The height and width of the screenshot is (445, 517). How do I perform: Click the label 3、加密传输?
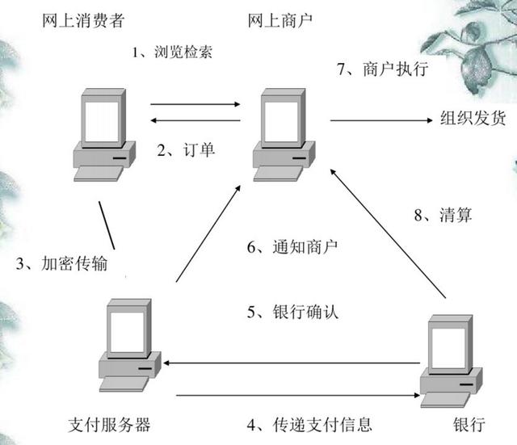[x=61, y=263]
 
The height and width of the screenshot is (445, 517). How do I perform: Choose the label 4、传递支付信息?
[x=310, y=424]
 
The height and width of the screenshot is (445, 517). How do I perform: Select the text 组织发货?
[x=473, y=119]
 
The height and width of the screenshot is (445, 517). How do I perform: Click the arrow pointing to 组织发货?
[x=380, y=120]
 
